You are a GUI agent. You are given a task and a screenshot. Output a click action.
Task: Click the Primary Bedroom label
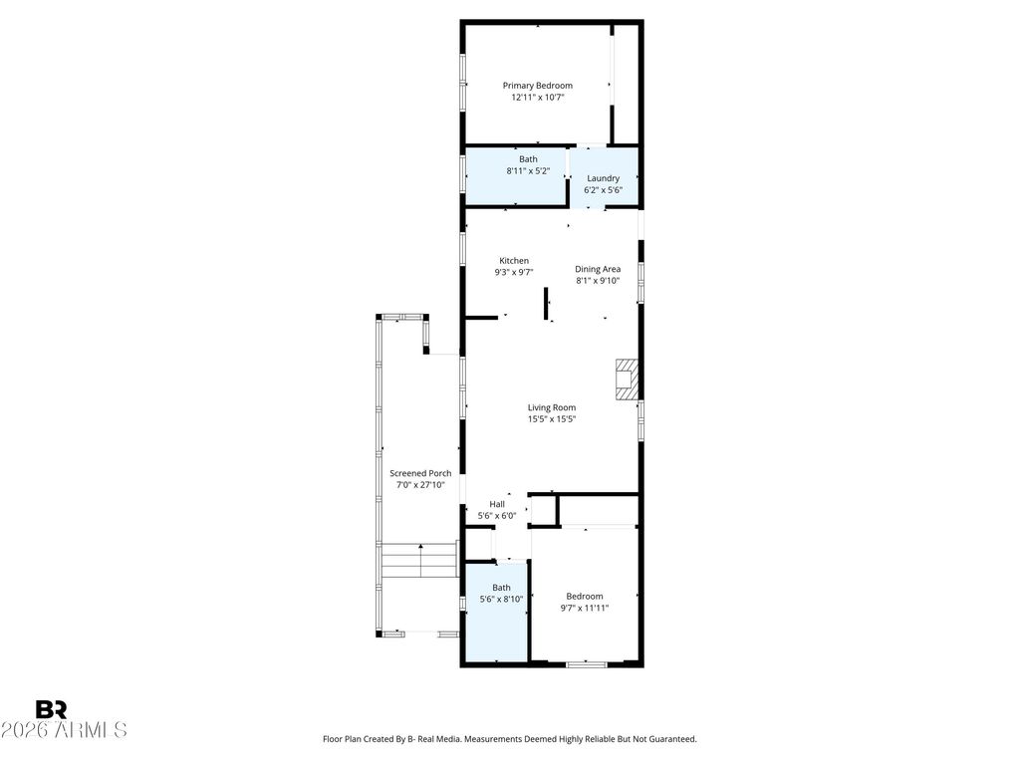(537, 86)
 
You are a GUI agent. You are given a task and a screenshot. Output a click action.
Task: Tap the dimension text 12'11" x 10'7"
(537, 98)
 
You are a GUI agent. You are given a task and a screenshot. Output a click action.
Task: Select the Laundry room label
(603, 178)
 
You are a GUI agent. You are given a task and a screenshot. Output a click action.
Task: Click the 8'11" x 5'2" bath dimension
(528, 171)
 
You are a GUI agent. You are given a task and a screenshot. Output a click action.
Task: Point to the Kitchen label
(514, 261)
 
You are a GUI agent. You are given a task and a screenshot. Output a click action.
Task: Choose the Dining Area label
(598, 269)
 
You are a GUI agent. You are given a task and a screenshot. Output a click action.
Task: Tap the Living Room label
(552, 407)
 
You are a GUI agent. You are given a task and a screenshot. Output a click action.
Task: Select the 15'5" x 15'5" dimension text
(552, 419)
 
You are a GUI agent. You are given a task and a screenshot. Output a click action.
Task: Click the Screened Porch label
(420, 473)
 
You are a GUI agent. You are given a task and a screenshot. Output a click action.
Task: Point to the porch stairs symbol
(418, 561)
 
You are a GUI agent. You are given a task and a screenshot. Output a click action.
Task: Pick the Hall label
(497, 504)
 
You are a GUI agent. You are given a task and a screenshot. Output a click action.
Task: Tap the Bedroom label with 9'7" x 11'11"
(585, 597)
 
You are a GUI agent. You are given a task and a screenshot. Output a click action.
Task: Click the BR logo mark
(52, 709)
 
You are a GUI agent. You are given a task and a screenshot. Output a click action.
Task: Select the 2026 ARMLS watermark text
(64, 730)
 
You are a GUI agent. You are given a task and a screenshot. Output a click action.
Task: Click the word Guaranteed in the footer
(672, 739)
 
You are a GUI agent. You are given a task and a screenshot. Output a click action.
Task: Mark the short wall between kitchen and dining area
(546, 304)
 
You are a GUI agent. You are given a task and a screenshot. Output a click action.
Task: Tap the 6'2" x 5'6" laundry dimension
(603, 190)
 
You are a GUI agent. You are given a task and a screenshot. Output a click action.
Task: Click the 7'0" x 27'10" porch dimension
(420, 485)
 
